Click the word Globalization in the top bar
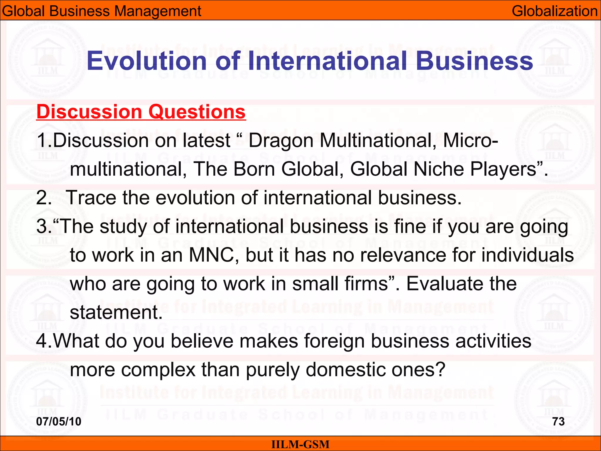coord(554,11)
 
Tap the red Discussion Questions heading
coord(141,112)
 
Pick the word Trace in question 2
coord(92,198)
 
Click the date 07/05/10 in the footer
coord(59,421)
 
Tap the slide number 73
coord(558,421)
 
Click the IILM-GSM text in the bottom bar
coord(300,444)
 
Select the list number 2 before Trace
coord(42,198)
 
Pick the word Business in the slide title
coord(474,61)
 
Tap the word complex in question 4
coord(158,370)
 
